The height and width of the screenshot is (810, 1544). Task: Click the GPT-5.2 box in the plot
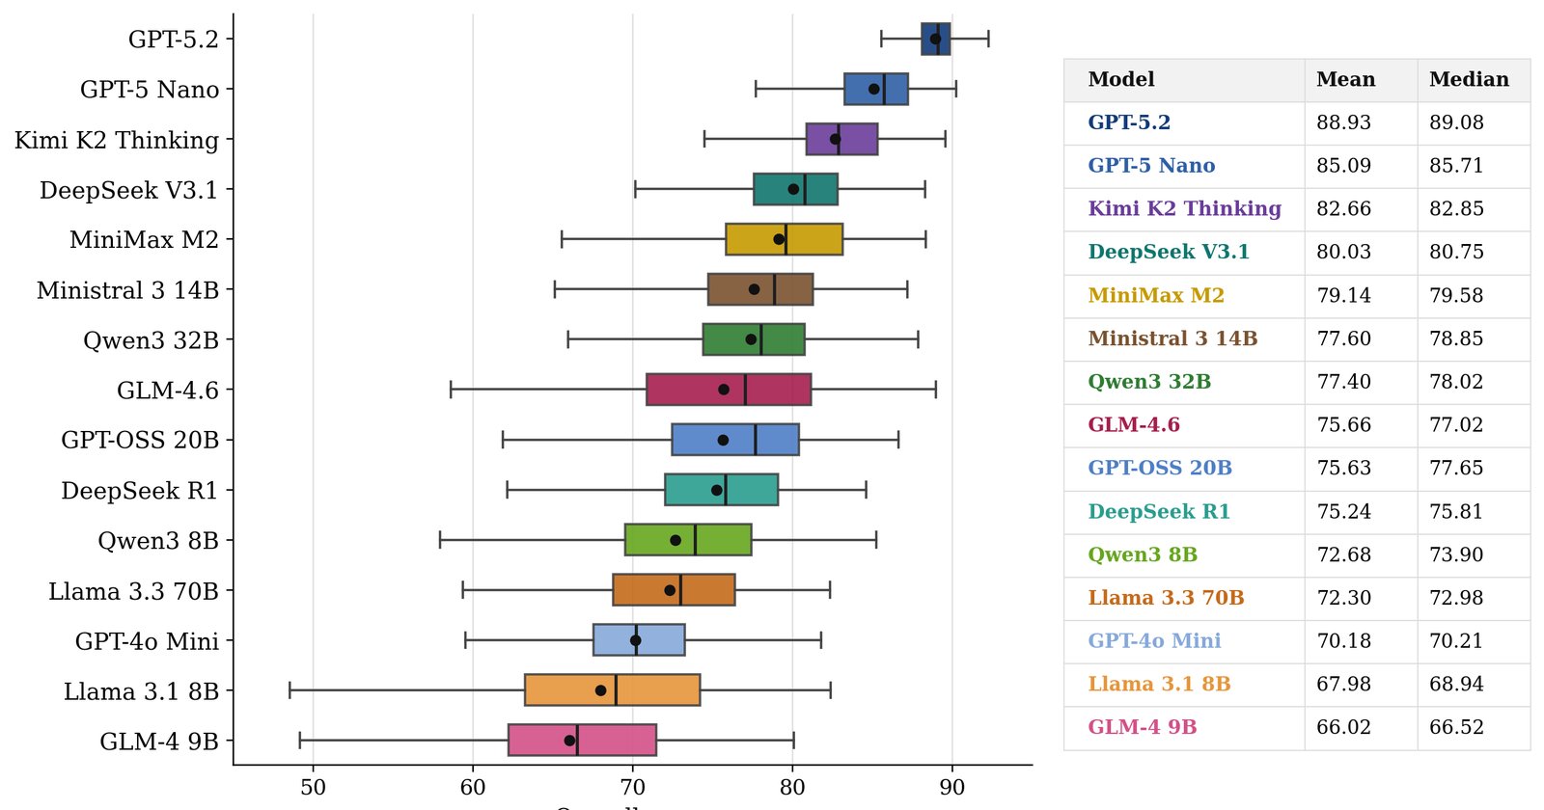pyautogui.click(x=936, y=39)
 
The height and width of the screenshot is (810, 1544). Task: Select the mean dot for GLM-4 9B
pyautogui.click(x=569, y=741)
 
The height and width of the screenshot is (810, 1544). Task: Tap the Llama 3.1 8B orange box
pyautogui.click(x=612, y=690)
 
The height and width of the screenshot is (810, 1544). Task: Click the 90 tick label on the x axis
pyautogui.click(x=952, y=787)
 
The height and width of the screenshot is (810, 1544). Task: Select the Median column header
pyautogui.click(x=1469, y=79)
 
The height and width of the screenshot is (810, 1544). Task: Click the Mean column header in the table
pyautogui.click(x=1345, y=79)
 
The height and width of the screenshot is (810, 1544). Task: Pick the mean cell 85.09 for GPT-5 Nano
pyautogui.click(x=1343, y=165)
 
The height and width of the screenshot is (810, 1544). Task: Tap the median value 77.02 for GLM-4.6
pyautogui.click(x=1456, y=424)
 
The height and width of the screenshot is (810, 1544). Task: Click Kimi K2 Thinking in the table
pyautogui.click(x=1184, y=208)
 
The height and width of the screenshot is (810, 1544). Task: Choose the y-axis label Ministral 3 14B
pyautogui.click(x=127, y=290)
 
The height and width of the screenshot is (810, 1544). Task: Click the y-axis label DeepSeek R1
pyautogui.click(x=139, y=491)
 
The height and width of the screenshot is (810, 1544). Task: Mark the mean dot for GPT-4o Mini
pyautogui.click(x=636, y=640)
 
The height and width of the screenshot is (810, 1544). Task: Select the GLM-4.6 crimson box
pyautogui.click(x=729, y=390)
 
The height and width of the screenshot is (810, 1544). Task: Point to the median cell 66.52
pyautogui.click(x=1456, y=727)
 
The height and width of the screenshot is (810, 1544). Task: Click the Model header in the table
pyautogui.click(x=1120, y=79)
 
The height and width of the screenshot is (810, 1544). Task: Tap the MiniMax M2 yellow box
pyautogui.click(x=784, y=239)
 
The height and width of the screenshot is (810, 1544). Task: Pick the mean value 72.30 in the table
pyautogui.click(x=1343, y=597)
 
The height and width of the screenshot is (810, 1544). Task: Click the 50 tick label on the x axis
pyautogui.click(x=313, y=787)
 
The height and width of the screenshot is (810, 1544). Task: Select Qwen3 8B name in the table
pyautogui.click(x=1143, y=554)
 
